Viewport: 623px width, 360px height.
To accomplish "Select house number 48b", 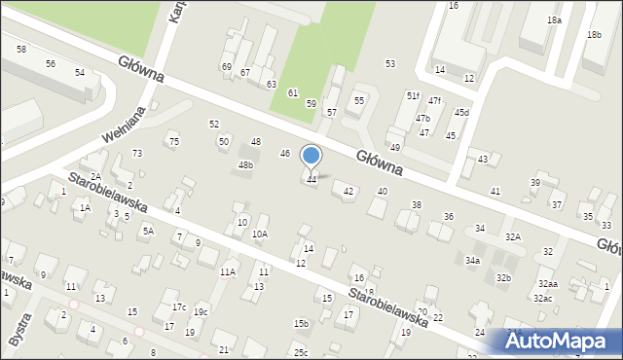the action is [x=245, y=165].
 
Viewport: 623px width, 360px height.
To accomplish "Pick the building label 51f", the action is [x=413, y=95].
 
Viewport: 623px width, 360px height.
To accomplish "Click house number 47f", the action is [x=434, y=101].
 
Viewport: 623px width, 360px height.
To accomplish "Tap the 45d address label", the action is [x=461, y=112].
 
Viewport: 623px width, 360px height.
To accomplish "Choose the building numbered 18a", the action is [x=554, y=20].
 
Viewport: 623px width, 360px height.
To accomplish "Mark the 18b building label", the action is [x=594, y=35].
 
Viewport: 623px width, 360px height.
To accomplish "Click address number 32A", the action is [x=513, y=237].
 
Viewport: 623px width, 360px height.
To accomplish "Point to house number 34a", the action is [x=472, y=261].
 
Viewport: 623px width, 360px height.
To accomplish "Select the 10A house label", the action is [x=260, y=234].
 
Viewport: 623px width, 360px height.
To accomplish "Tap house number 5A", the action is [x=148, y=231].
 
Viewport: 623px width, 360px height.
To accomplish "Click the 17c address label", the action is [x=179, y=307].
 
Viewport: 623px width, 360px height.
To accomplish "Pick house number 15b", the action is [x=301, y=323].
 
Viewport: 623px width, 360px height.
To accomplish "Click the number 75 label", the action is [x=174, y=142].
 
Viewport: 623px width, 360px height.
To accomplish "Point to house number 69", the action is [x=227, y=66].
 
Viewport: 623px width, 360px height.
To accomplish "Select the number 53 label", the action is [x=390, y=63].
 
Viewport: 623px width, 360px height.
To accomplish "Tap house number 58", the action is [x=21, y=49].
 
